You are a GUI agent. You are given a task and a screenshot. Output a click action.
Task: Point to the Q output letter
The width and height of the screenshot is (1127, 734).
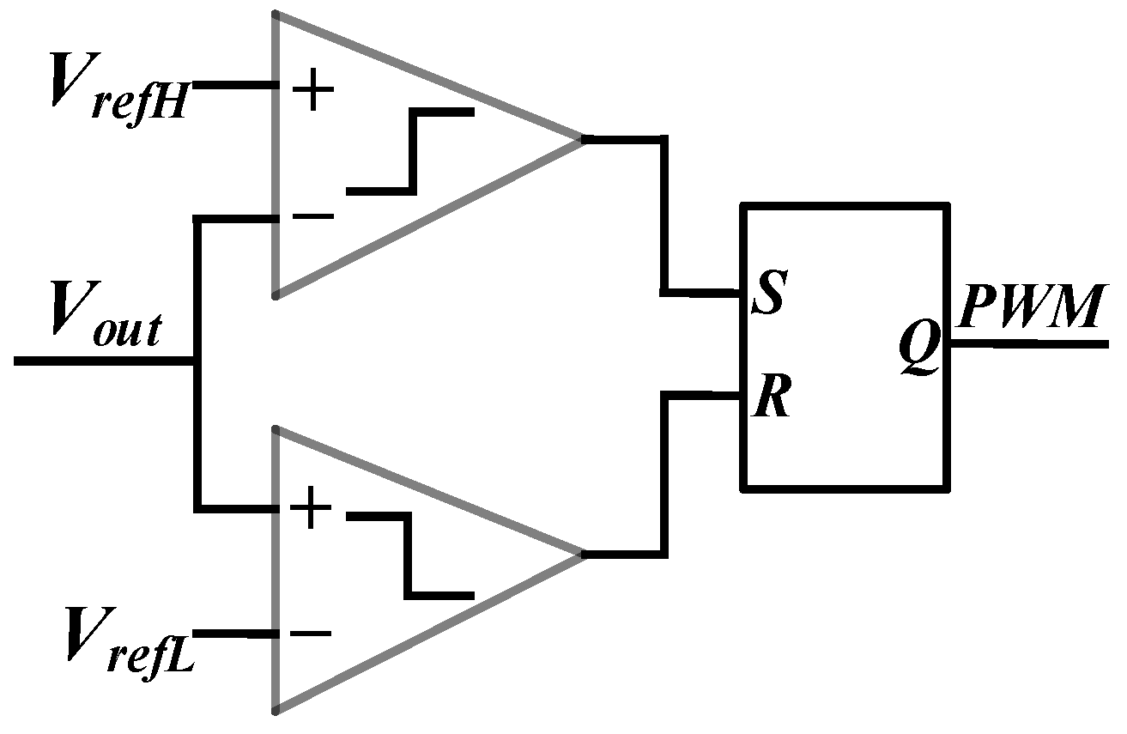920,349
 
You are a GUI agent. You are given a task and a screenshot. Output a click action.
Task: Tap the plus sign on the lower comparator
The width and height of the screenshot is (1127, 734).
310,512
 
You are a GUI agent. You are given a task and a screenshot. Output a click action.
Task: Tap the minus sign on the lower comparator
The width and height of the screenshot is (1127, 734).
310,634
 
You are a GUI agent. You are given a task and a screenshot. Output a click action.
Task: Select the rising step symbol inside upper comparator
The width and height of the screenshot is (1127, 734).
411,151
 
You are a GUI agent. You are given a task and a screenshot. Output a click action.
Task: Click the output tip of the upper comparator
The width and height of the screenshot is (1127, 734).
582,138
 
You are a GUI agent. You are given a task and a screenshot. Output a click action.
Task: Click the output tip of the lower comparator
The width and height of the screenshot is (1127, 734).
582,554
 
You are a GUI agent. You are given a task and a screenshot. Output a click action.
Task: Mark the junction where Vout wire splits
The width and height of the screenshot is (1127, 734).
198,361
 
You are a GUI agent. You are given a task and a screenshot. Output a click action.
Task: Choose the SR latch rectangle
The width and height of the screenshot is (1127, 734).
845,347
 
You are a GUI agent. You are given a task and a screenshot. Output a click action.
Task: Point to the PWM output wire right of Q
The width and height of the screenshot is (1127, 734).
1030,344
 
